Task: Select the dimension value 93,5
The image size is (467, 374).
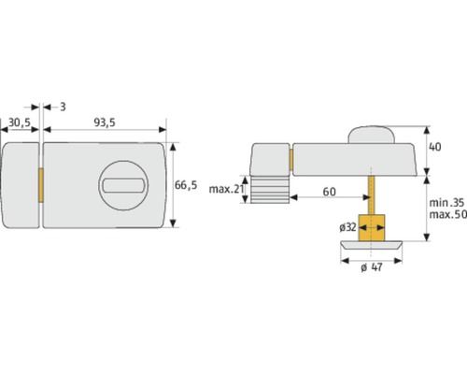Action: point(104,122)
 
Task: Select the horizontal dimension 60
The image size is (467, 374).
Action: point(330,191)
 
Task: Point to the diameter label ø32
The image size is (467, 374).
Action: point(347,226)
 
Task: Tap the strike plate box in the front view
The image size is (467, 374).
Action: point(21,184)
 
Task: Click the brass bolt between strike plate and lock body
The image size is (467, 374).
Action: point(40,184)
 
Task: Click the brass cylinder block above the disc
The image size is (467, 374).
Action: point(372,225)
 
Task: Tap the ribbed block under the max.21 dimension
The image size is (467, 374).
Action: point(266,190)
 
